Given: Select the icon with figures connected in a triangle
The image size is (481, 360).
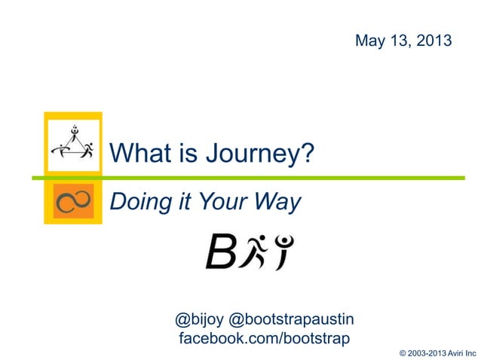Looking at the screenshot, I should click(x=73, y=142).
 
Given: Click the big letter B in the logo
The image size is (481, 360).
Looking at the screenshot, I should click(x=220, y=253).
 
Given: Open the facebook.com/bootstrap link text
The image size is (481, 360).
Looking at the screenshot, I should click(x=264, y=338).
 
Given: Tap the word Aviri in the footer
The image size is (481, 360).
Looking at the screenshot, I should click(x=455, y=352).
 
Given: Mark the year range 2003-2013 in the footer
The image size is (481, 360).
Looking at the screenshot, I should click(x=426, y=352).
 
